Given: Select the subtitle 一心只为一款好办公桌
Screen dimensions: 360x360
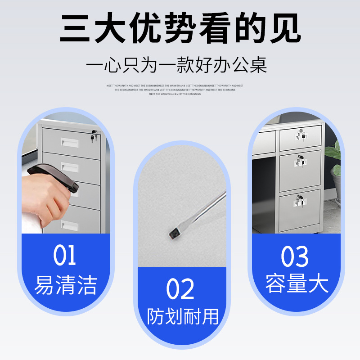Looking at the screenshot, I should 177,65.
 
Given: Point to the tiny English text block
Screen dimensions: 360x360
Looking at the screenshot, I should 175,90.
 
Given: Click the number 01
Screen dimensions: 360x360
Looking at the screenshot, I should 65,256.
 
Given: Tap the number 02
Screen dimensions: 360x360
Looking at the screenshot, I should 180,289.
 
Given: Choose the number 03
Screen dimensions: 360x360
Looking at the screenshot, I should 295,256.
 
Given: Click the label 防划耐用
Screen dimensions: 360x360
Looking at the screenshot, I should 183,316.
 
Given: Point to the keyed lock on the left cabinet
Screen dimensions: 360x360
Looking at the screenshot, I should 94,135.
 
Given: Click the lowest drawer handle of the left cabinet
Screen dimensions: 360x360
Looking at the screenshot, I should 70,225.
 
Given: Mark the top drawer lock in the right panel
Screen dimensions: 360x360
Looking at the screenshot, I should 300,134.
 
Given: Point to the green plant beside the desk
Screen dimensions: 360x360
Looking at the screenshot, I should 335,162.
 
